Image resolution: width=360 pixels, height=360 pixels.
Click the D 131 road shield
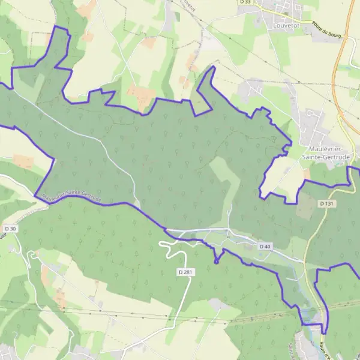pos(326,204)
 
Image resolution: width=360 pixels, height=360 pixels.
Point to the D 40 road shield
pos(265,247)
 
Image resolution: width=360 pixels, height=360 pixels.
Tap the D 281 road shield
pos(186,272)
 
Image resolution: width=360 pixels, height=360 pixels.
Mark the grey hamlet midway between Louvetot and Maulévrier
pos(252,90)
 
